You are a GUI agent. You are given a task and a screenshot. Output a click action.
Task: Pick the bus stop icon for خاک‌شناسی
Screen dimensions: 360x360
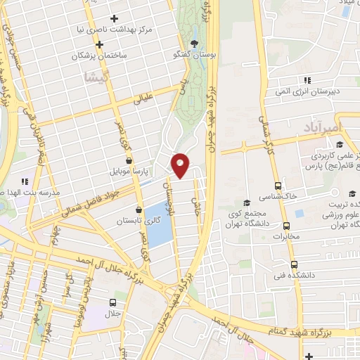(x=279, y=186)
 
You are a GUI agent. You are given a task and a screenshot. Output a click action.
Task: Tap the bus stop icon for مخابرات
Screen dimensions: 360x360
(x=286, y=226)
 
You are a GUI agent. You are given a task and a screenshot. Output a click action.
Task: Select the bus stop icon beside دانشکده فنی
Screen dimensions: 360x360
(x=295, y=265)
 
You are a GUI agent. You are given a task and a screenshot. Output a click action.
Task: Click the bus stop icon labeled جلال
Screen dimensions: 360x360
(x=112, y=302)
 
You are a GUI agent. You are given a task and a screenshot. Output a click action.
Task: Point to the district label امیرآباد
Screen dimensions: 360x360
(x=321, y=127)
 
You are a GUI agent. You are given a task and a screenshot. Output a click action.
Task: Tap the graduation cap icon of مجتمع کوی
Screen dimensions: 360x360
(x=247, y=202)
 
